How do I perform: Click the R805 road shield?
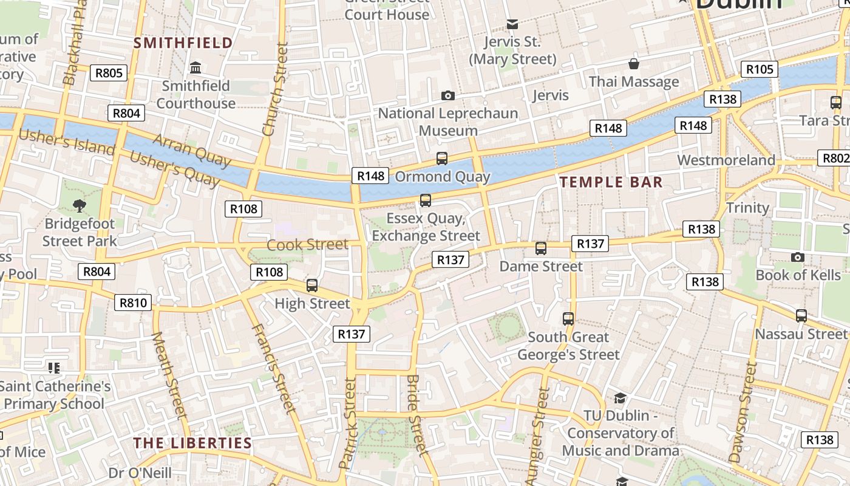pyautogui.click(x=109, y=74)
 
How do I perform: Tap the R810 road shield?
pyautogui.click(x=133, y=303)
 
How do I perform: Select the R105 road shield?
pyautogui.click(x=760, y=69)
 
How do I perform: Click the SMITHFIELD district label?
pyautogui.click(x=183, y=43)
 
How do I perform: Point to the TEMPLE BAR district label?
pyautogui.click(x=611, y=182)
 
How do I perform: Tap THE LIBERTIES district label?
pyautogui.click(x=192, y=443)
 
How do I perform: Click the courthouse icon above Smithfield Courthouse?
pyautogui.click(x=195, y=67)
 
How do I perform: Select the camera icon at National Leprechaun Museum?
pyautogui.click(x=448, y=95)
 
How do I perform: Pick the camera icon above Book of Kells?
pyautogui.click(x=798, y=257)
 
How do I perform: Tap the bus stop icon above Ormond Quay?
pyautogui.click(x=442, y=159)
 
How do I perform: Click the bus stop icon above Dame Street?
pyautogui.click(x=541, y=248)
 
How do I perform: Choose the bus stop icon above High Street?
pyautogui.click(x=312, y=286)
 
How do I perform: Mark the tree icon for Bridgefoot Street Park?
pyautogui.click(x=79, y=205)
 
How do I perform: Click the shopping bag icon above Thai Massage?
pyautogui.click(x=634, y=64)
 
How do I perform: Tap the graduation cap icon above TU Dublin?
pyautogui.click(x=620, y=399)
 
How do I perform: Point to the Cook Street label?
pyautogui.click(x=308, y=245)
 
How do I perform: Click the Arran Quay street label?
pyautogui.click(x=192, y=150)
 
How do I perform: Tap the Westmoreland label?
pyautogui.click(x=726, y=160)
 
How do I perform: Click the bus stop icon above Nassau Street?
pyautogui.click(x=801, y=316)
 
